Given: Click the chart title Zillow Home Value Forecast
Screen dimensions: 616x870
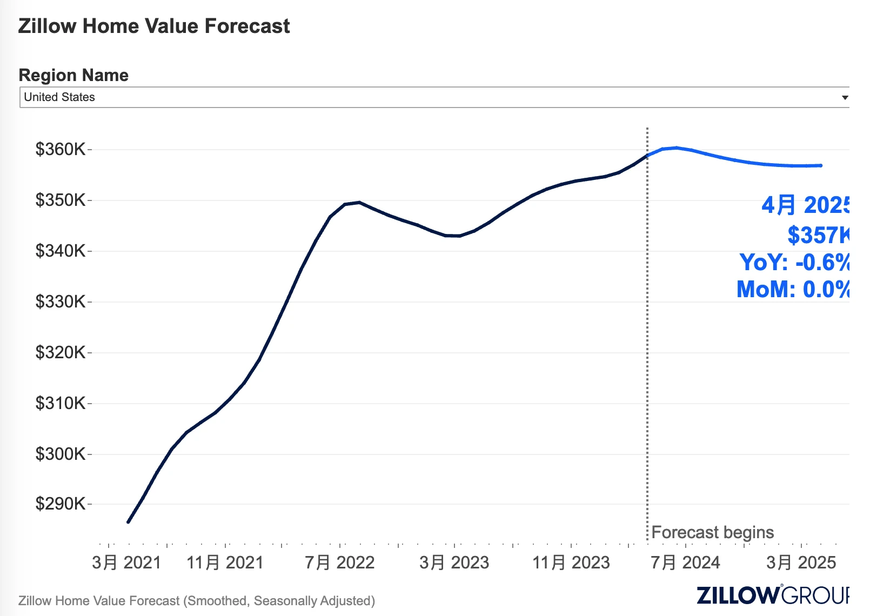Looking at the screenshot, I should (x=154, y=26).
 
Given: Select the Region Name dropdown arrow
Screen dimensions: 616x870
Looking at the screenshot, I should (x=845, y=98).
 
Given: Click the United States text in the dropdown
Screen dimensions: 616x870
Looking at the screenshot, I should (x=59, y=97).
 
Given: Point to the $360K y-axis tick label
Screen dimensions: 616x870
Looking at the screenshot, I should (x=60, y=149).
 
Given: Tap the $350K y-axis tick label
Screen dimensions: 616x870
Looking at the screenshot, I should (x=60, y=200).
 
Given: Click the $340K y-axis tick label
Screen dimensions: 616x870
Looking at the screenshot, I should (x=60, y=251).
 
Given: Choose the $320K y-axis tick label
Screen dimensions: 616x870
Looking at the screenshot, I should (x=60, y=352).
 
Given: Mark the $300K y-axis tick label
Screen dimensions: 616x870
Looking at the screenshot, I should (x=60, y=454).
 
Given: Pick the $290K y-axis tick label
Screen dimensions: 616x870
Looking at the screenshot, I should (x=60, y=504).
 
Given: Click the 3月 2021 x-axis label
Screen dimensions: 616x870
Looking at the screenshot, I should (x=126, y=563).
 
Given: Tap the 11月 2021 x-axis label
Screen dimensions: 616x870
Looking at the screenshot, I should (x=225, y=563).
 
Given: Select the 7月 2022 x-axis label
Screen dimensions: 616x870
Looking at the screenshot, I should (x=339, y=563).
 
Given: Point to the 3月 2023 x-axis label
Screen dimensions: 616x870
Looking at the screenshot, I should (x=454, y=563).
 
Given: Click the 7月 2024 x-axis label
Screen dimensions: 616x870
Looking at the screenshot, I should (x=685, y=563).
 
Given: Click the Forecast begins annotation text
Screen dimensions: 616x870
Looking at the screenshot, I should (x=713, y=532).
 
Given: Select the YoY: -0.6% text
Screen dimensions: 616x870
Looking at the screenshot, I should (x=794, y=263).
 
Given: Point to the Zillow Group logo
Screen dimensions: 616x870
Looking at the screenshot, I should (x=773, y=595).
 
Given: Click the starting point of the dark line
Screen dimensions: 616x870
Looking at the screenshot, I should (x=128, y=522).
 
